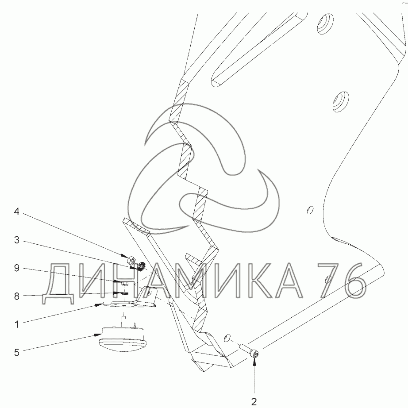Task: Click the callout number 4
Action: pyautogui.click(x=17, y=212)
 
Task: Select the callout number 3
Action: pyautogui.click(x=17, y=240)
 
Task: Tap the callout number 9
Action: pyautogui.click(x=17, y=268)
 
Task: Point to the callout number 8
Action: pyautogui.click(x=17, y=296)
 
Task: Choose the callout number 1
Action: pyautogui.click(x=17, y=324)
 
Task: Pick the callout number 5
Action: pyautogui.click(x=17, y=353)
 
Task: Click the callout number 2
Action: pyautogui.click(x=254, y=401)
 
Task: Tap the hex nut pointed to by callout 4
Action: pyautogui.click(x=131, y=260)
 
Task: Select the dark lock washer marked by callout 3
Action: pyautogui.click(x=141, y=266)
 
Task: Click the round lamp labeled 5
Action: pyautogui.click(x=121, y=338)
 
